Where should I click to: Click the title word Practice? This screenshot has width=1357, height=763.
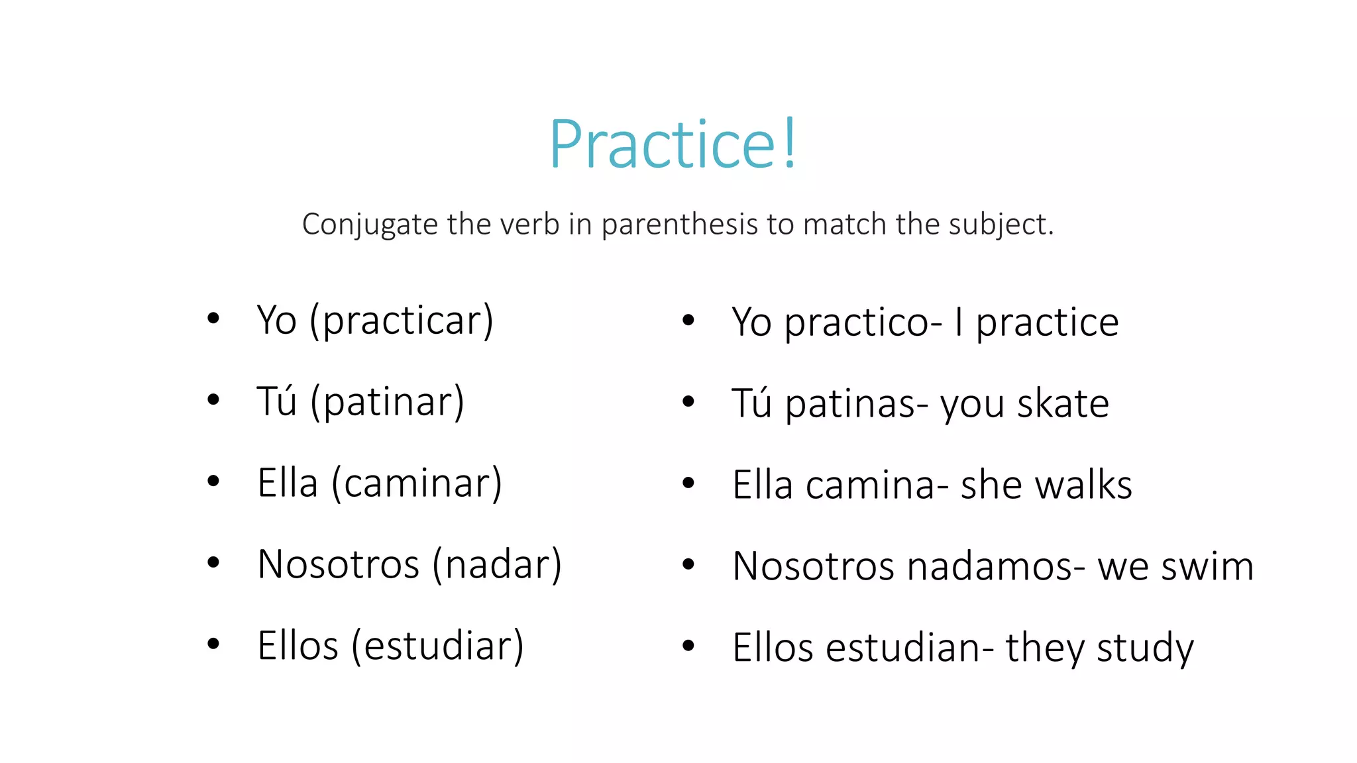(673, 144)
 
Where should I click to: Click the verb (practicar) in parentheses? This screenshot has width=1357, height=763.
(402, 321)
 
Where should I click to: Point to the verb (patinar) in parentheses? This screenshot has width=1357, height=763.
(388, 402)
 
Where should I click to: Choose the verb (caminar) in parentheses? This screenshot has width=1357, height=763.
(417, 483)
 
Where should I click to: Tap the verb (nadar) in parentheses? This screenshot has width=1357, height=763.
(497, 564)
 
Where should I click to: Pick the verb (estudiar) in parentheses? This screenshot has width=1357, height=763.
(437, 646)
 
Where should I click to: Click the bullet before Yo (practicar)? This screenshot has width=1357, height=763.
(213, 319)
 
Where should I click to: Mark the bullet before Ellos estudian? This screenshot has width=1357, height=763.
(688, 645)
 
